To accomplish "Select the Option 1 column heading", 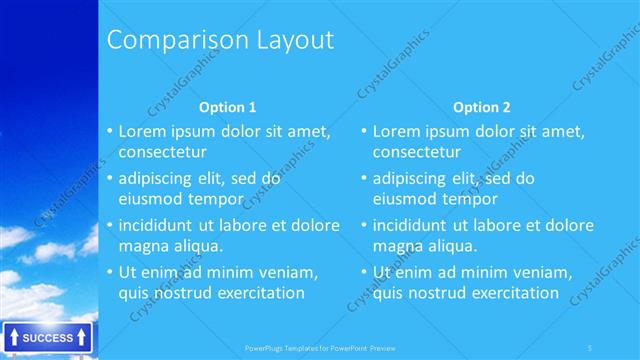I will pos(227,107).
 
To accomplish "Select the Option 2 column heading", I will pos(481,107).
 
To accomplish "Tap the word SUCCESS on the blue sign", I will pos(47,338).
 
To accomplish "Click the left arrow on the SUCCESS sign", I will pos(12,338).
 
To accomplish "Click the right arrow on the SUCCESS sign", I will pos(82,338).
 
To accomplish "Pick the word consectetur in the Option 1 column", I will pos(163,152).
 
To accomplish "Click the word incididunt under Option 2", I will pos(413,225).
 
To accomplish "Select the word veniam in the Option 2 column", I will pos(541,272).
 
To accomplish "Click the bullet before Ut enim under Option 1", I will pos(109,272).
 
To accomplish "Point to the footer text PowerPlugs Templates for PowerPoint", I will pos(319,348).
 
